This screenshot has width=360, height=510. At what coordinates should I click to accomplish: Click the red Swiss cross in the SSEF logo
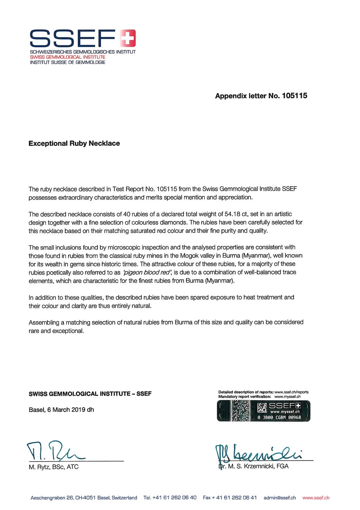pos(128,38)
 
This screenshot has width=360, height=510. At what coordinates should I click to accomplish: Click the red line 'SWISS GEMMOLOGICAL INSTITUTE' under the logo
pos(67,57)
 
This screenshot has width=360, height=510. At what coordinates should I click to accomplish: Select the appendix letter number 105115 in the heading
pos(294,96)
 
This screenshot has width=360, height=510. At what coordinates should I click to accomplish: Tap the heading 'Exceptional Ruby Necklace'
pos(74,143)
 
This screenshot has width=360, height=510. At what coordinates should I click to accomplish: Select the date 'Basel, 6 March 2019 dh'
pos(61,410)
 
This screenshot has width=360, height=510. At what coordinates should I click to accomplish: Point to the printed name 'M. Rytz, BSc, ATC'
pos(54,467)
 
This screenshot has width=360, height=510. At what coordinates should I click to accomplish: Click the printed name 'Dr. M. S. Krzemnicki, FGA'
pos(254,466)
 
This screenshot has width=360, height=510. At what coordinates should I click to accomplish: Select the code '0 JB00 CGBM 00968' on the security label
pos(279,417)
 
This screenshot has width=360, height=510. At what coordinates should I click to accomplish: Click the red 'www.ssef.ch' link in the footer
pos(316,498)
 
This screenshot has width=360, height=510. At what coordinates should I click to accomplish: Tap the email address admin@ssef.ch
pos(280,498)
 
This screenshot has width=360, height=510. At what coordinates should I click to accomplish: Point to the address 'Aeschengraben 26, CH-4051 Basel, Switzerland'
pos(84,498)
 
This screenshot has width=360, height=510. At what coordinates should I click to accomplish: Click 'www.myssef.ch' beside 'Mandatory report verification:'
pos(287,397)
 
